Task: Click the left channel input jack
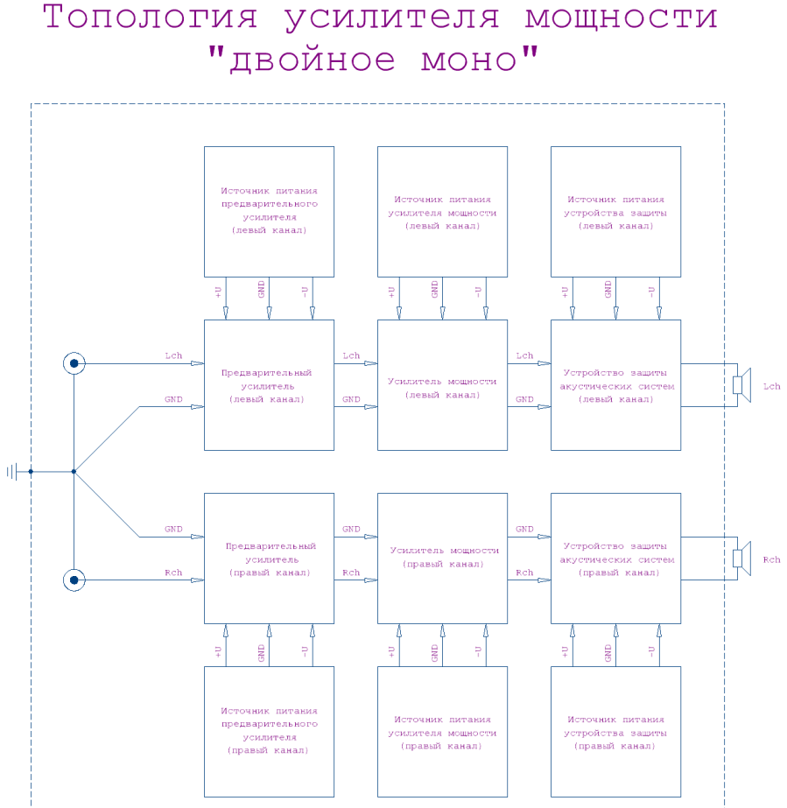coord(74,363)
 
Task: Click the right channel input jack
coord(74,580)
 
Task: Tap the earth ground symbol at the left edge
coord(12,472)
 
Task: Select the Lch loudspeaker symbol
coord(741,385)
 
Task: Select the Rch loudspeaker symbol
coord(741,559)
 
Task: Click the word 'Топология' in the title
coord(150,18)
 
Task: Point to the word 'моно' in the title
coord(469,60)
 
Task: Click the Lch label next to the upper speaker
coord(771,386)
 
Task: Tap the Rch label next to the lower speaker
coord(771,559)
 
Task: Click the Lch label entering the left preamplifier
coord(173,355)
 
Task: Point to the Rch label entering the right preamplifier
coord(173,573)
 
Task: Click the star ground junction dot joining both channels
coord(74,472)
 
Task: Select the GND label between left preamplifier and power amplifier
coord(352,399)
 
